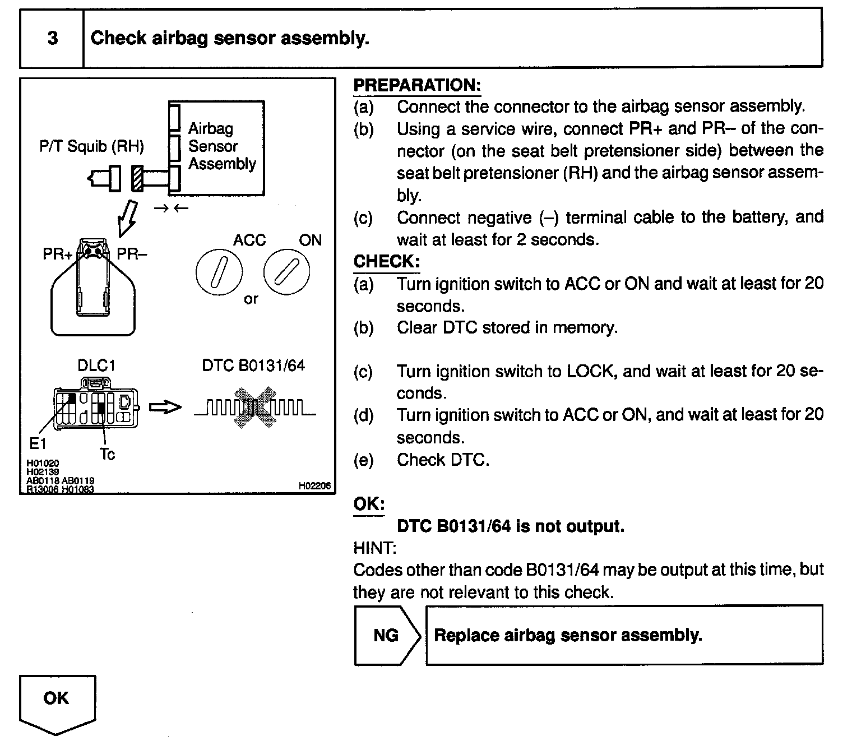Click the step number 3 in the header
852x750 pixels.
pos(52,38)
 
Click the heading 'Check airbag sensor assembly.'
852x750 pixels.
pos(229,38)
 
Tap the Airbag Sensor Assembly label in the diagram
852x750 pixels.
pos(221,146)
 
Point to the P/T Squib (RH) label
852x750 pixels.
pos(91,146)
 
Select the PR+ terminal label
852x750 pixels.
pos(57,254)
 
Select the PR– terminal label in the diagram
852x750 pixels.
pos(132,254)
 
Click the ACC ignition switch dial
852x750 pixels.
pos(219,272)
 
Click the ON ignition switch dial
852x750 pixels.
pos(286,272)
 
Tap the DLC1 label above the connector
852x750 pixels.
pos(96,366)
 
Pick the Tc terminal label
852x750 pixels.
pos(107,455)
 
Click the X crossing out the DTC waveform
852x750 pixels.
pos(255,408)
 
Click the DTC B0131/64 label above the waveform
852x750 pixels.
pos(253,365)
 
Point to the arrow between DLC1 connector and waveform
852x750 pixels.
pos(166,408)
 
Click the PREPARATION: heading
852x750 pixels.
pos(417,85)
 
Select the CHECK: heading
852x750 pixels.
pos(386,261)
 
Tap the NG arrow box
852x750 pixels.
pos(386,635)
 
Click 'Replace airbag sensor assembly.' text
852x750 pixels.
pos(567,635)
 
